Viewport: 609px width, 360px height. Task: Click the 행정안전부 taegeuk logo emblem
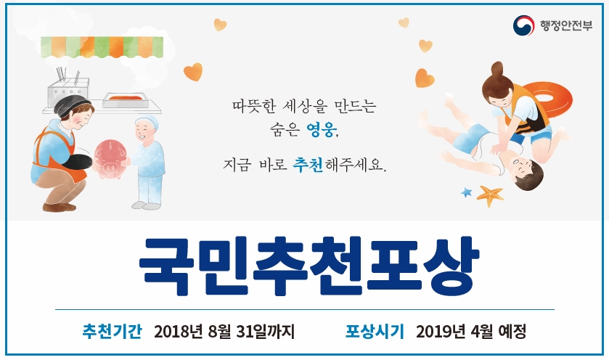tap(523, 25)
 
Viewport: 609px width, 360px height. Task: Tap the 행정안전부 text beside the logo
tap(566, 25)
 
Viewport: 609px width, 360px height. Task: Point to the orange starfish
tap(490, 195)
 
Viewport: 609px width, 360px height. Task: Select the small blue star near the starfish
tap(466, 192)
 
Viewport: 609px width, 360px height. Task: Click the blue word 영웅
tap(322, 129)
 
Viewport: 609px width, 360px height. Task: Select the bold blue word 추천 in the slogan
tap(308, 165)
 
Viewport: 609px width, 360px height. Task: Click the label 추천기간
tap(112, 331)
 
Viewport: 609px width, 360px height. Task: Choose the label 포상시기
tap(375, 331)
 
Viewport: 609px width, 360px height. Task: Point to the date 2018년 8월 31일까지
tap(224, 332)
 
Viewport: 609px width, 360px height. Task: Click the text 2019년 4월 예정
tap(471, 332)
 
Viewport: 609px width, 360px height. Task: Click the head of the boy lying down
tap(526, 173)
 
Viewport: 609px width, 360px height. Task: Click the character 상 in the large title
tap(451, 266)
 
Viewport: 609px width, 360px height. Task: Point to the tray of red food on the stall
tap(126, 99)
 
